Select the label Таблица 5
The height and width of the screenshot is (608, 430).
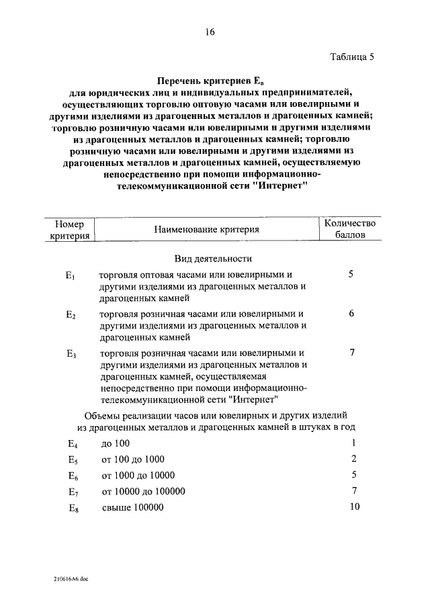coord(352,57)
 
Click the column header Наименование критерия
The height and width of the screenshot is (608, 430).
coord(207,230)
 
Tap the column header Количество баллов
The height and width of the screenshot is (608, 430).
coord(350,229)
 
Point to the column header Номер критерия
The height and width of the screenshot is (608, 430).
coord(70,230)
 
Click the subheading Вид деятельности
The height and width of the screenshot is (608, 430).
coord(214,258)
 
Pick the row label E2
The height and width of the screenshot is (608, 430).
coord(72,314)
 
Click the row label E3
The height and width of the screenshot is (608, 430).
coord(72,353)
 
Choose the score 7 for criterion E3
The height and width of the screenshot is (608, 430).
coord(351,353)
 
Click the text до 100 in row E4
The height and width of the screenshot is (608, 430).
coord(116,443)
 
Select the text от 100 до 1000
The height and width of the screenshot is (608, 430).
coord(132,460)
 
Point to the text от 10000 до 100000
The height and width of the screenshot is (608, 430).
coord(143,491)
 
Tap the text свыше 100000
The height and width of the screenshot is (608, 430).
coord(133,507)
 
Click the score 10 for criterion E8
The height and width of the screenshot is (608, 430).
coord(354,507)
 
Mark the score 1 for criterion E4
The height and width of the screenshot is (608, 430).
coord(353,443)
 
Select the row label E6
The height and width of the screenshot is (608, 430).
coord(73,476)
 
